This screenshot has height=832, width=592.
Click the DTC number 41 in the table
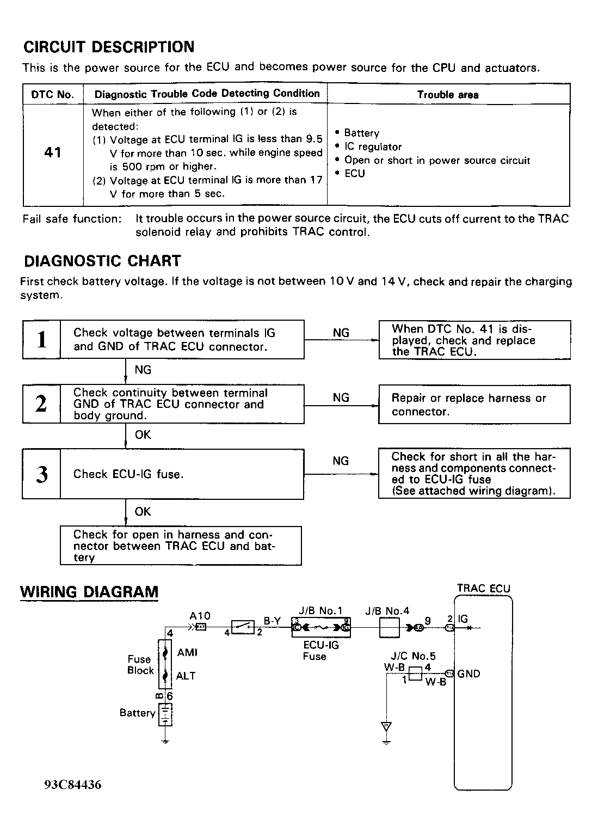click(53, 152)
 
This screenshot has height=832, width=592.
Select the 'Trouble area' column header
click(448, 95)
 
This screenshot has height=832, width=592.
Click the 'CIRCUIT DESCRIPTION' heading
click(109, 47)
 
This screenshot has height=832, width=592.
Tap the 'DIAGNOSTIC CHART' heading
click(102, 261)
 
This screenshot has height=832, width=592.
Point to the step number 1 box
click(41, 340)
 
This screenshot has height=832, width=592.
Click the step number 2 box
click(41, 404)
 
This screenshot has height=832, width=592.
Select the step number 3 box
click(41, 474)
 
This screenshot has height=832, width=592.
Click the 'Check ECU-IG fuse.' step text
click(128, 474)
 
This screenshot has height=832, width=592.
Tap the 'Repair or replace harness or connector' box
click(474, 405)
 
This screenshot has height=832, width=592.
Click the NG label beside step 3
click(341, 461)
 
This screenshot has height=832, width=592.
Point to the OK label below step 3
click(143, 512)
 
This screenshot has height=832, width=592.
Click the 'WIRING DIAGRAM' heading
click(89, 592)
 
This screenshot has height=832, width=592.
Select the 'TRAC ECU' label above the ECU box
click(484, 589)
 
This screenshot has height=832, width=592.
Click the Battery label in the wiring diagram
click(138, 713)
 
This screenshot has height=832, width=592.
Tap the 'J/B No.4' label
click(387, 611)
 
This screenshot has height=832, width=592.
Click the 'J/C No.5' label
click(413, 656)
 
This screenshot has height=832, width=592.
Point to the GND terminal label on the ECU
click(468, 674)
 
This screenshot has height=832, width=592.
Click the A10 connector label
click(200, 616)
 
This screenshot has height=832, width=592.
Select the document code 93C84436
click(73, 785)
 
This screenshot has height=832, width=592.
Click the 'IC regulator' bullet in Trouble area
click(373, 147)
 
